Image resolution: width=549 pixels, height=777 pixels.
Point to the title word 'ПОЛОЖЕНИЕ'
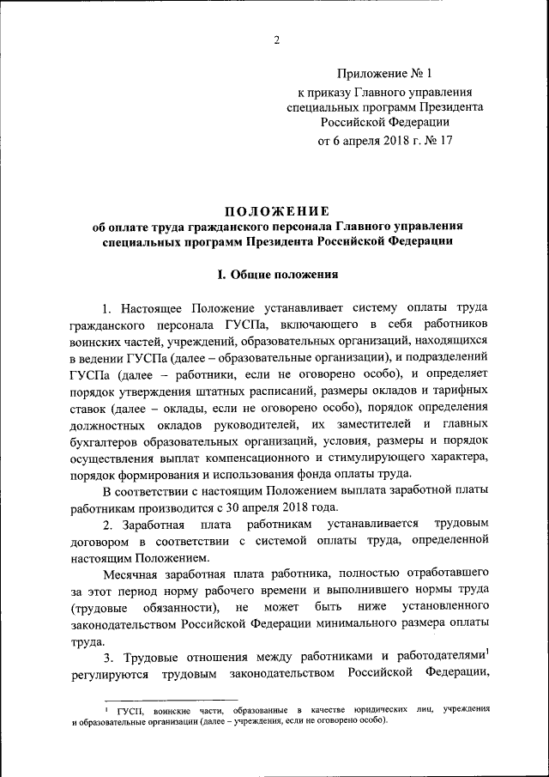(x=277, y=211)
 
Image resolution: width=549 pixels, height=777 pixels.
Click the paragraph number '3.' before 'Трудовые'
(x=108, y=659)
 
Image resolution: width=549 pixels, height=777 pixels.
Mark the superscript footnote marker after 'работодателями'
(x=486, y=653)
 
